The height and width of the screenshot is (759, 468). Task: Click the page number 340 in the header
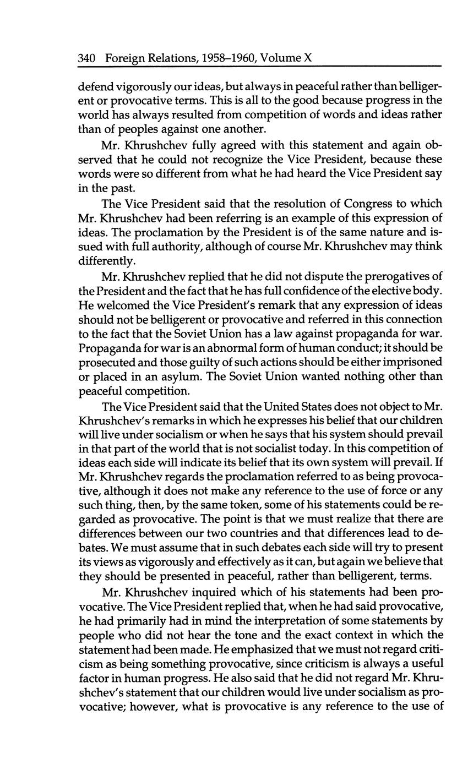click(x=88, y=58)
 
